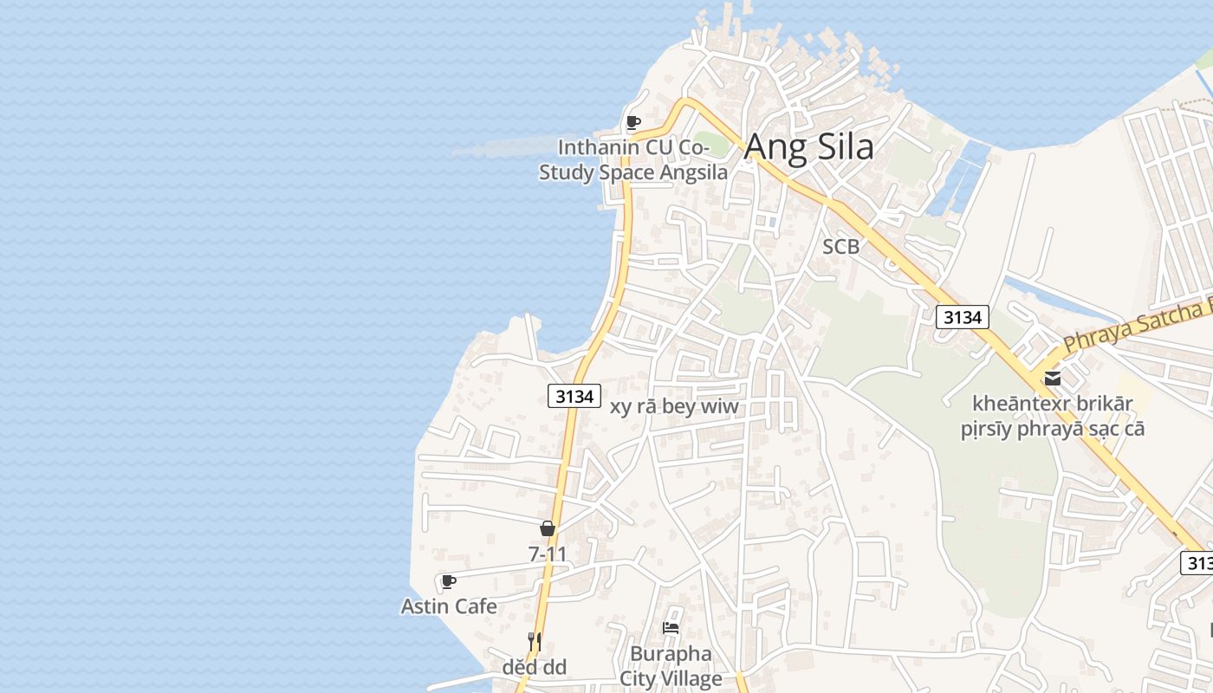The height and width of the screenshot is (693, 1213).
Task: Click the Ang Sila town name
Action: [x=808, y=146]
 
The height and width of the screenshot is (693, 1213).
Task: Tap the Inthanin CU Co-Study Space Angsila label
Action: [x=633, y=159]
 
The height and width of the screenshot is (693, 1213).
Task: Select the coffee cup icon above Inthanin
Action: [x=633, y=122]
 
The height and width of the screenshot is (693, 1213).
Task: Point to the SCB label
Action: [x=840, y=247]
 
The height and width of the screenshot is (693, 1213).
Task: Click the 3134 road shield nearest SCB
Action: [x=963, y=317]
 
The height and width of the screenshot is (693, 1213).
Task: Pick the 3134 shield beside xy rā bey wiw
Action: [x=574, y=396]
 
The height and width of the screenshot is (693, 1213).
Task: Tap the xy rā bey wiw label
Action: [x=675, y=406]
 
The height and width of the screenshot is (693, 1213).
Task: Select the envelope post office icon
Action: [x=1053, y=378]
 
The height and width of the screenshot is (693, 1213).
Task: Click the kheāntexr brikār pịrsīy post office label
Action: [x=1053, y=416]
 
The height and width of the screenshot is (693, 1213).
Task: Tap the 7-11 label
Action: [x=548, y=553]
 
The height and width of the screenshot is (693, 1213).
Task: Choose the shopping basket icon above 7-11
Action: [x=548, y=528]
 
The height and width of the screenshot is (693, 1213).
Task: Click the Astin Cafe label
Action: [x=449, y=606]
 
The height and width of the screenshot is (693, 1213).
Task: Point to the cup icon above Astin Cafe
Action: [x=448, y=581]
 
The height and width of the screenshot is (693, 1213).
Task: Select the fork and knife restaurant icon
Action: [x=534, y=642]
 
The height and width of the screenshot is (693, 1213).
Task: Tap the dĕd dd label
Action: [x=534, y=667]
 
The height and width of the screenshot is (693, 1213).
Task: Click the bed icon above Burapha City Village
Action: [x=671, y=628]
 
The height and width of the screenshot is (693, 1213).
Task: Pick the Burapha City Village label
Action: [x=671, y=665]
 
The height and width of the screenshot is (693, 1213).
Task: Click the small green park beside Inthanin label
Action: [x=710, y=144]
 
